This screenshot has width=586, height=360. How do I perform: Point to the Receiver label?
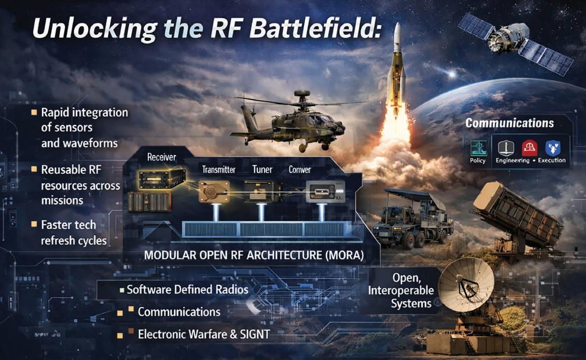point(162,157)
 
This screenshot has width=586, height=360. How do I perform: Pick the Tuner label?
point(262,170)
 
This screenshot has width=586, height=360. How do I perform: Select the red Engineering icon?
point(529,148)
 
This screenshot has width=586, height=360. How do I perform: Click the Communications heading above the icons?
point(509,123)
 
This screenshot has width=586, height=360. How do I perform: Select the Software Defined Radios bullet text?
point(187,289)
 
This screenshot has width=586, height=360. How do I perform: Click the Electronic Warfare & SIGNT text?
point(204,335)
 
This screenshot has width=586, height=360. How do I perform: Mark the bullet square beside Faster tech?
point(34,225)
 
